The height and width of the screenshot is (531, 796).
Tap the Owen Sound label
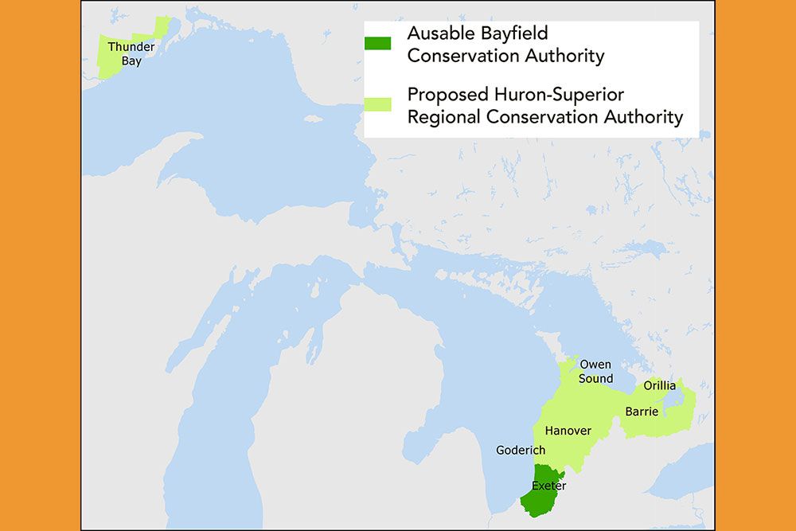(x=595, y=372)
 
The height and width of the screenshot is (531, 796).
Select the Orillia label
(x=659, y=386)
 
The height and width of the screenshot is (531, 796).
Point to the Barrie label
(x=642, y=412)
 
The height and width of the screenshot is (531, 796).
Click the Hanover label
(x=568, y=431)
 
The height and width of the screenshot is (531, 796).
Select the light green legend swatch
(x=378, y=104)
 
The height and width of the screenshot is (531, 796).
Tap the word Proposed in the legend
(x=447, y=95)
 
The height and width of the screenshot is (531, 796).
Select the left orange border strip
(x=40, y=265)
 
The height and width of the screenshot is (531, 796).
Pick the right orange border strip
(x=755, y=265)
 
